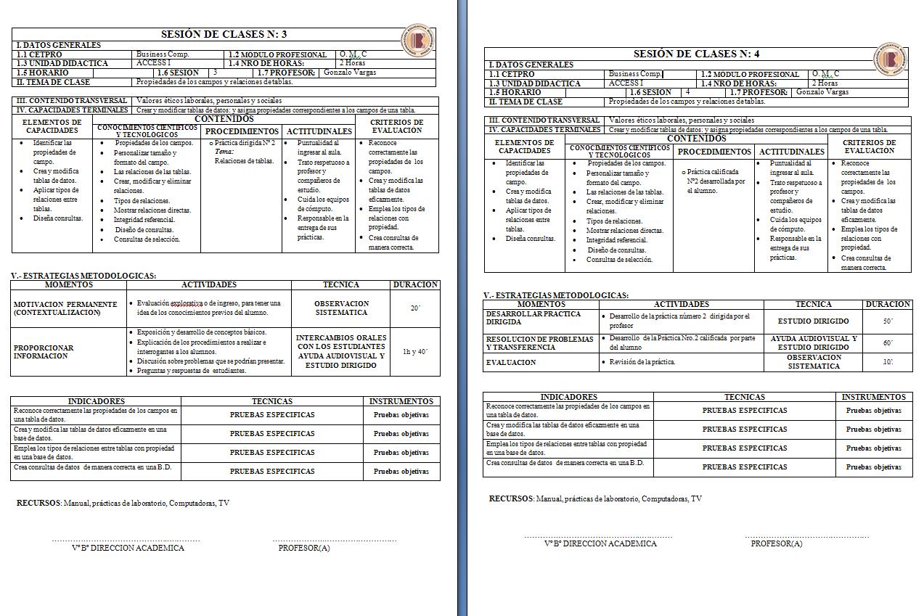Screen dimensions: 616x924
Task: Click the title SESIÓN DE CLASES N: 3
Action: click(224, 34)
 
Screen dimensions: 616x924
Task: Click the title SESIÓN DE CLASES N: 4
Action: click(696, 54)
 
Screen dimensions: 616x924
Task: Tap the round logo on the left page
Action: click(418, 41)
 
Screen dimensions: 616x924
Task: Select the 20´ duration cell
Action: click(415, 308)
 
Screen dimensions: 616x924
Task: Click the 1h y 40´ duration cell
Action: click(415, 352)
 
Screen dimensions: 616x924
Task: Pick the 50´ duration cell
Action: click(888, 321)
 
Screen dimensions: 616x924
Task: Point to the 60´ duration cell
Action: click(888, 343)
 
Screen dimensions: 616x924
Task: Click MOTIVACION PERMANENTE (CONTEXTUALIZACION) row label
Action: click(65, 308)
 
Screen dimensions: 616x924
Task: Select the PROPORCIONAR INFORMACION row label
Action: click(44, 352)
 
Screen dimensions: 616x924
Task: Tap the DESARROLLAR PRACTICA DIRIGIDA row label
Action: click(533, 318)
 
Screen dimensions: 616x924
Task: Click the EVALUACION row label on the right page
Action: click(511, 362)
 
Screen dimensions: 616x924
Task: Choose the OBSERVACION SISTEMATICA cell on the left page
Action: click(341, 308)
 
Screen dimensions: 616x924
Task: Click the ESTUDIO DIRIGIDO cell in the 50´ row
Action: click(813, 321)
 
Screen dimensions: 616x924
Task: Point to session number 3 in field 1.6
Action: click(215, 73)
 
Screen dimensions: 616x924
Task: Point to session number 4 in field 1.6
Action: click(687, 92)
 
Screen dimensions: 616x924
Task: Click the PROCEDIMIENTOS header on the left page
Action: click(242, 131)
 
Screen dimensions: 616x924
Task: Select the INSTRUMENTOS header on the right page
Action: click(874, 397)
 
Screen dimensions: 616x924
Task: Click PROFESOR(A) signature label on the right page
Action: click(777, 543)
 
